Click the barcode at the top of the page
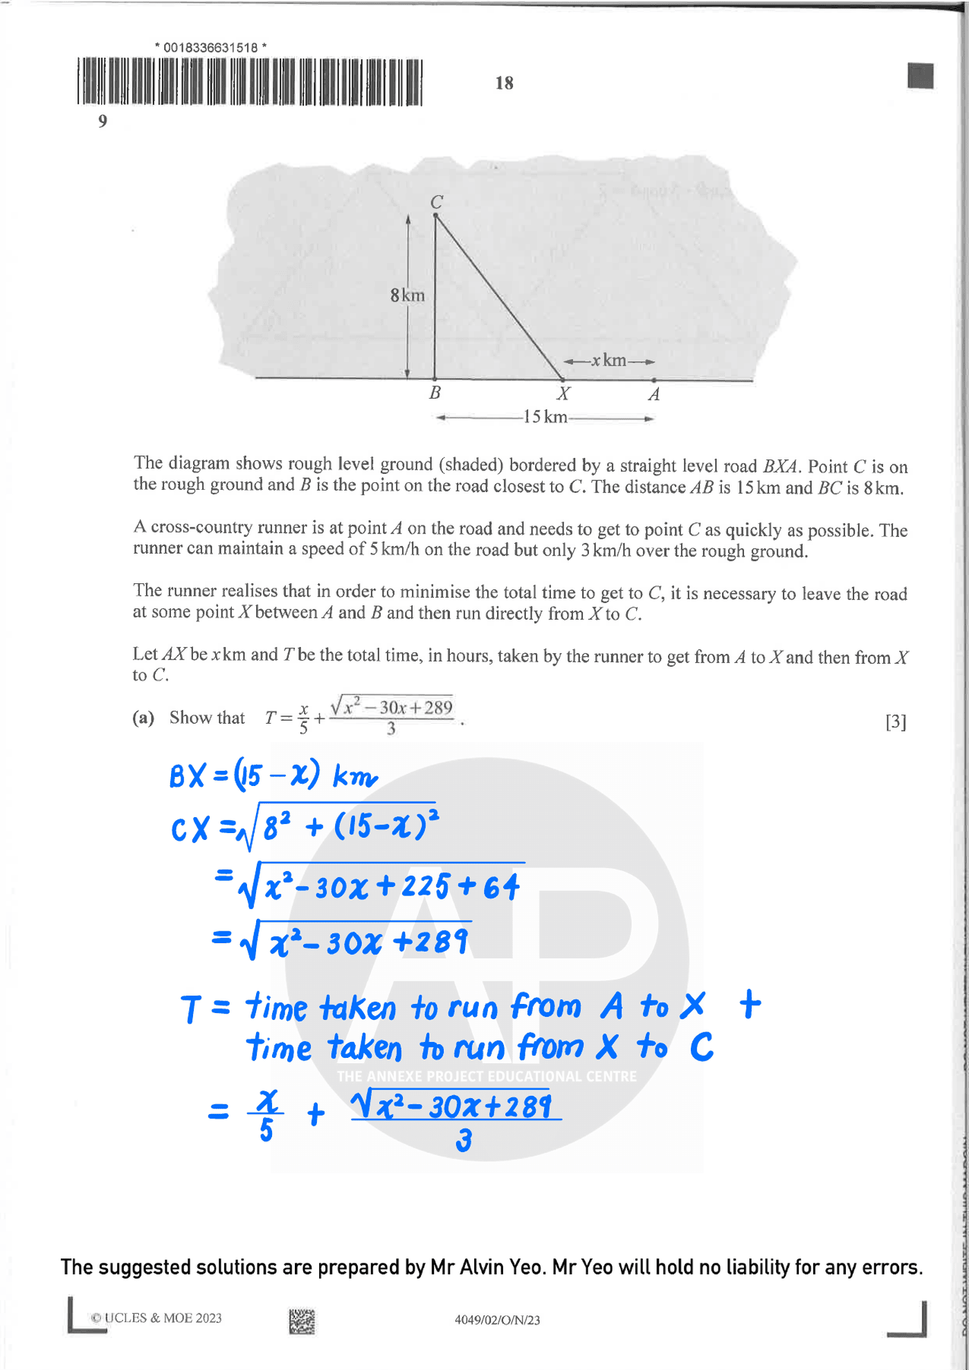tap(249, 82)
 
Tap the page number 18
tap(504, 83)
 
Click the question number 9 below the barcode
tap(102, 121)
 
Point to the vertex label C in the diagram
tap(437, 202)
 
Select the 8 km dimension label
tap(407, 295)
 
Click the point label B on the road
tap(435, 393)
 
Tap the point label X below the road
tap(563, 394)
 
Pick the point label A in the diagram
tap(653, 394)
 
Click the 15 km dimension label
tap(545, 417)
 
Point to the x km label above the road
tap(608, 360)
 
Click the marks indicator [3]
tap(896, 722)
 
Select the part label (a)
tap(143, 718)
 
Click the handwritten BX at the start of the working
tap(187, 776)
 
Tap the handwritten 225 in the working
tap(425, 886)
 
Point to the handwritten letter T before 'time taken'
tap(191, 1009)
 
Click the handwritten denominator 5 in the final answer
tap(266, 1130)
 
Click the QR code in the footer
tap(302, 1321)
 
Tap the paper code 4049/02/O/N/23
tap(497, 1319)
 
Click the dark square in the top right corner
tap(920, 75)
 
